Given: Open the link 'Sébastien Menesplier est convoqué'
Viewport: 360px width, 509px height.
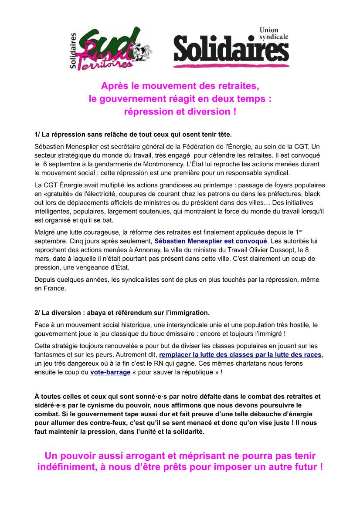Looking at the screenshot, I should tap(211, 241).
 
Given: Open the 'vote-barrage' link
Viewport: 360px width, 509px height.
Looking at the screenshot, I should tap(110, 372).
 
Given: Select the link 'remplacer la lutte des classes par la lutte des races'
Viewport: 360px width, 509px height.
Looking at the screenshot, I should tap(241, 354).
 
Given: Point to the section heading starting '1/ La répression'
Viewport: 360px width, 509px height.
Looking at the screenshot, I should tap(133, 133).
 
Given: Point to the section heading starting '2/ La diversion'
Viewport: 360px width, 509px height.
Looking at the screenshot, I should tap(122, 313).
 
